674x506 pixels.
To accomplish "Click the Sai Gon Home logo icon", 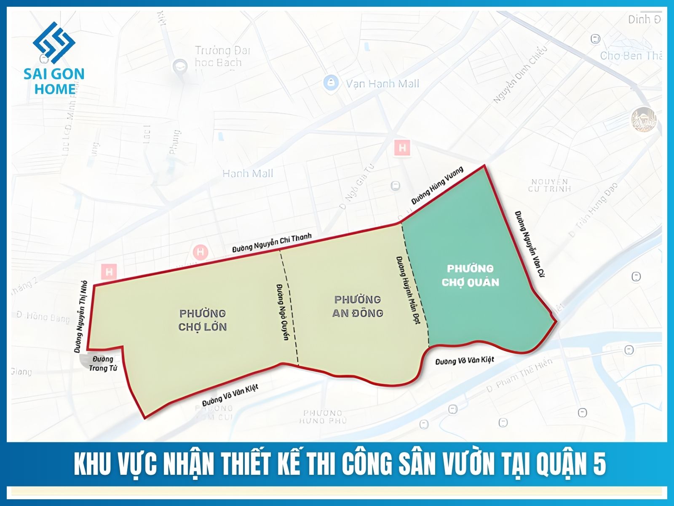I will tap(54, 42).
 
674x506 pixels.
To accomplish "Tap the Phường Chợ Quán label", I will tap(470, 275).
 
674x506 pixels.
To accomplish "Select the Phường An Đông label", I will tap(358, 306).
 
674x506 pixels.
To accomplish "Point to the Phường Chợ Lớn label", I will tap(203, 320).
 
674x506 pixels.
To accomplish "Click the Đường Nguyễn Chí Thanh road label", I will tap(272, 243).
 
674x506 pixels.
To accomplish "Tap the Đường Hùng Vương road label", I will tap(437, 186).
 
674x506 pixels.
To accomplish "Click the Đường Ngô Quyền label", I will tap(283, 312).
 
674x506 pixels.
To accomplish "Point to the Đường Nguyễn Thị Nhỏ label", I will tap(80, 316).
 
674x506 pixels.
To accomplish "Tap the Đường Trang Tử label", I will tap(103, 363).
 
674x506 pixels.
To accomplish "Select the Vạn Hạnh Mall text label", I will tap(382, 83).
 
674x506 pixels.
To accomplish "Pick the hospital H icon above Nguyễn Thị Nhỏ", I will tap(109, 271).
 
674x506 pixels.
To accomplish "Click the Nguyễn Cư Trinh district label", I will tap(549, 185).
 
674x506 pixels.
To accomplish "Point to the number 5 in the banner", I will tap(600, 464).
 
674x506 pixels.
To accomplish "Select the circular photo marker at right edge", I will tap(644, 119).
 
